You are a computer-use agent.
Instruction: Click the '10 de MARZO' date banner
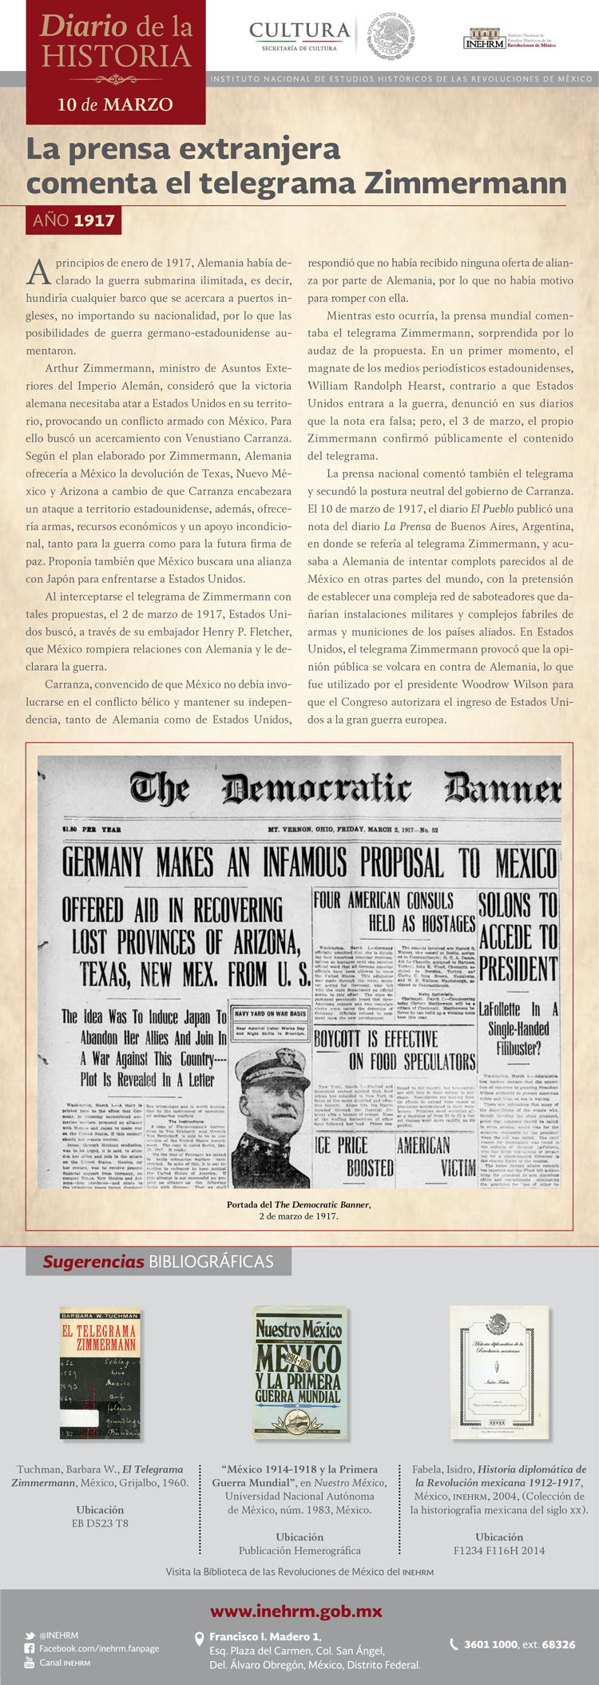point(115,105)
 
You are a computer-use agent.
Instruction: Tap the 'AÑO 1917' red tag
point(73,220)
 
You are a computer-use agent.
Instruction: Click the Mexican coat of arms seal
point(391,36)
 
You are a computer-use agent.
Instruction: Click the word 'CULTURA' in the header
point(299,30)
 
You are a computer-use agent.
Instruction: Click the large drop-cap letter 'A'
point(38,272)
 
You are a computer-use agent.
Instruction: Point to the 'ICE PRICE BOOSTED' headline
point(354,1156)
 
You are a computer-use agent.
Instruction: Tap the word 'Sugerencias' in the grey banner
point(93,1262)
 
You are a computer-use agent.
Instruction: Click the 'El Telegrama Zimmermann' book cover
point(101,1374)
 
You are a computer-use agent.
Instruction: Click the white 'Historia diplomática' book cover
point(499,1372)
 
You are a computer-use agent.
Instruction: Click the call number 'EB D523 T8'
point(100,1523)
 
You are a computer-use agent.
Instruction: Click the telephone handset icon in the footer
point(454,1644)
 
